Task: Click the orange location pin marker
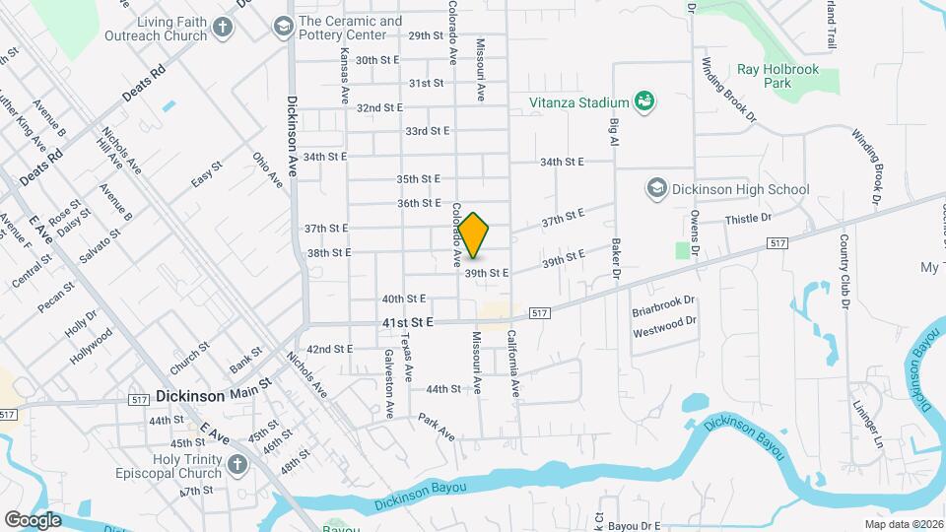[x=474, y=235]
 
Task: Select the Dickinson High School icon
[x=656, y=188]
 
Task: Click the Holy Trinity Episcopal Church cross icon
[x=236, y=464]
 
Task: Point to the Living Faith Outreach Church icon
[x=223, y=28]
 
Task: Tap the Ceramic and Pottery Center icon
[x=283, y=27]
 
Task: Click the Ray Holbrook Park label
[x=777, y=76]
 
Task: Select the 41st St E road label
[x=409, y=323]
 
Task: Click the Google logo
[x=33, y=519]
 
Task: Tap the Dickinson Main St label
[x=213, y=397]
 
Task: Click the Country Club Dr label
[x=845, y=271]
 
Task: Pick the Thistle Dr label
[x=747, y=220]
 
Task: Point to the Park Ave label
[x=436, y=426]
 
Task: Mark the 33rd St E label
[x=427, y=131]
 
